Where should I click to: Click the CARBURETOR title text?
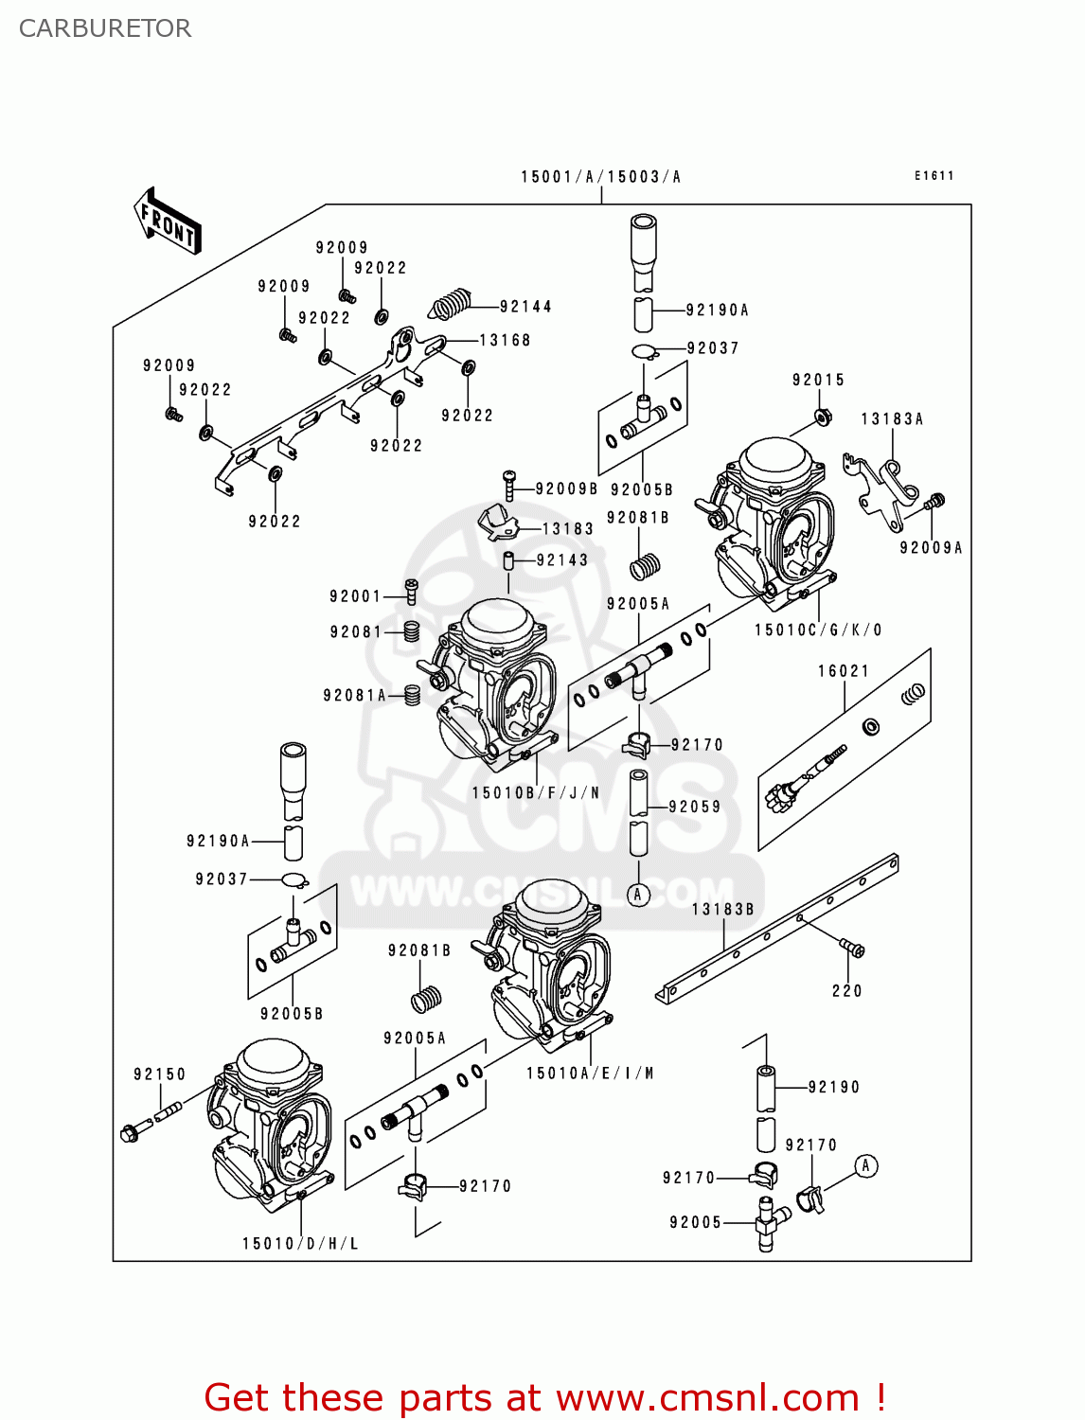[x=105, y=28]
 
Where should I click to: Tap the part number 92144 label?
[x=525, y=307]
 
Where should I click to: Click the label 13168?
[x=505, y=341]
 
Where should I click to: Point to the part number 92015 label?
[x=818, y=381]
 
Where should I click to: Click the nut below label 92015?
[x=823, y=417]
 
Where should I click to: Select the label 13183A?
[x=892, y=419]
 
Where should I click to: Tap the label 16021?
[x=844, y=671]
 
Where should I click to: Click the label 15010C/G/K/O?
[x=818, y=630]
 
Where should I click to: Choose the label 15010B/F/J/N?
[x=536, y=793]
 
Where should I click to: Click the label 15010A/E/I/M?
[x=590, y=1074]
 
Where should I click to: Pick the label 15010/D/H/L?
[x=300, y=1244]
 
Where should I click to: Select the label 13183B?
[x=722, y=910]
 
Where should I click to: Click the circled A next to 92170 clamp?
[x=865, y=1166]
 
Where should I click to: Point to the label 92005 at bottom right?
[x=695, y=1223]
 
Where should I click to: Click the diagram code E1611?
[x=934, y=176]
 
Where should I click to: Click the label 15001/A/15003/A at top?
[x=600, y=177]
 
